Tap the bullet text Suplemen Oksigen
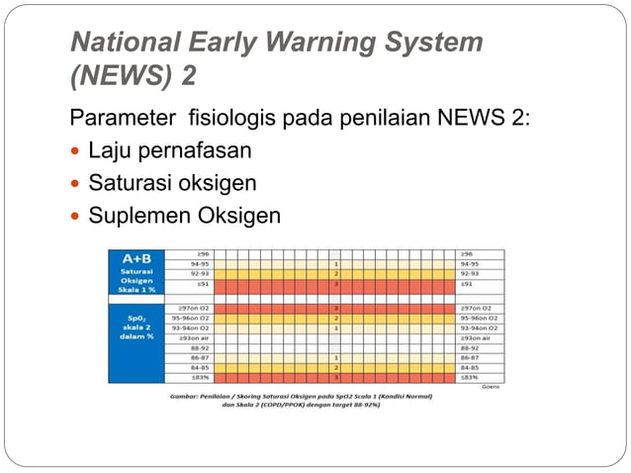[x=185, y=215]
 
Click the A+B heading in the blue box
[x=135, y=256]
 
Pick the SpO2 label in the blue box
[x=135, y=315]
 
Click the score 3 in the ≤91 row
[x=336, y=285]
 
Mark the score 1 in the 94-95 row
[x=336, y=264]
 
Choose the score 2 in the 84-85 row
[x=336, y=367]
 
